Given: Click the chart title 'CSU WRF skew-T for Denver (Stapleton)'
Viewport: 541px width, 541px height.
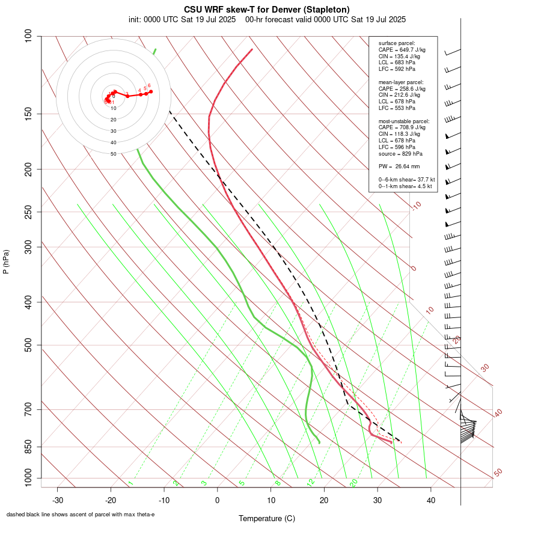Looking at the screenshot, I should pos(267,10).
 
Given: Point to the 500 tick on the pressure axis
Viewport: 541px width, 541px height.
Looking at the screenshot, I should pos(28,345).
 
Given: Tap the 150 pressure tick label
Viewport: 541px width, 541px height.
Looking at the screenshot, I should pos(28,114).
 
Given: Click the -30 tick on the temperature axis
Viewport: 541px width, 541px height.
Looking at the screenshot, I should pos(57,500).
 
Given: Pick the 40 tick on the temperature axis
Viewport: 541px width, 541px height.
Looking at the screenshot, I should pos(431,500).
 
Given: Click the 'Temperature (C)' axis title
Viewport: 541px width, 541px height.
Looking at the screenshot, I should pos(267,518).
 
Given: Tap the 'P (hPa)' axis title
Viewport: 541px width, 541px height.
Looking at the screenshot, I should pos(6,261).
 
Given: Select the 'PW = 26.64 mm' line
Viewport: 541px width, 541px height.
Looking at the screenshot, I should pos(399,167).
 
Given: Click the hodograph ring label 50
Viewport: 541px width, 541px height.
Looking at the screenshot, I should pos(113,154).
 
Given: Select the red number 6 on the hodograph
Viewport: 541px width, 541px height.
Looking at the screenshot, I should pos(149,85).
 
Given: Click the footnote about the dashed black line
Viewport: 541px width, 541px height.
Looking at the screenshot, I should pos(81,515).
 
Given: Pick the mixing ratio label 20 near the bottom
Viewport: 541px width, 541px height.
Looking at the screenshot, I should pos(353,482).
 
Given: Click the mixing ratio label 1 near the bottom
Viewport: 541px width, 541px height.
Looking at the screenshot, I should pos(130,483).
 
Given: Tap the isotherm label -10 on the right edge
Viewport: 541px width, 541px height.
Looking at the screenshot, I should pos(416,206).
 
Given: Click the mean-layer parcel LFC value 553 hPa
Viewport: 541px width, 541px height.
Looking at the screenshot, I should pos(405,108).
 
